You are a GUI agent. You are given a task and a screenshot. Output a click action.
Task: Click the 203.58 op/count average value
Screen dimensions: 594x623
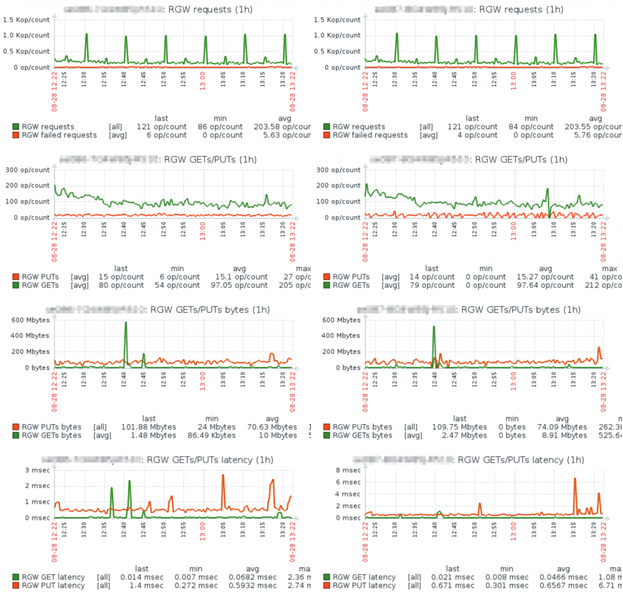pos(281,127)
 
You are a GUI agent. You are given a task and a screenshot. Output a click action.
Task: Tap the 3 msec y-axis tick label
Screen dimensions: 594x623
pos(37,470)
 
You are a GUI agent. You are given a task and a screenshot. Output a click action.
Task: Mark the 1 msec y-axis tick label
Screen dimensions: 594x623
pos(37,501)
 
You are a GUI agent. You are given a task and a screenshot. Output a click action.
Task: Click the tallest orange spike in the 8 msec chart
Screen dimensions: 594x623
pos(574,480)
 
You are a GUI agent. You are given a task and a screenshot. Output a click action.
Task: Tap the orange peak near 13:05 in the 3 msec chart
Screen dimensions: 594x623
pos(223,476)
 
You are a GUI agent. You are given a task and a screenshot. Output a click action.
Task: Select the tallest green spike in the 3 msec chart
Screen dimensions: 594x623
pos(130,481)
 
